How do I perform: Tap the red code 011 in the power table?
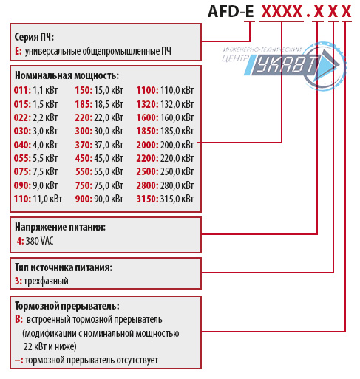pyautogui.click(x=22, y=89)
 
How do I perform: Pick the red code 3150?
pyautogui.click(x=148, y=199)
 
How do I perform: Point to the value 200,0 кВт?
pyautogui.click(x=178, y=144)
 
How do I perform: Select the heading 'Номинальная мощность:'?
pyautogui.click(x=67, y=75)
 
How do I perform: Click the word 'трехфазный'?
pyautogui.click(x=47, y=281)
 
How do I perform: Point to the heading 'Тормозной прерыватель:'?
pyautogui.click(x=67, y=306)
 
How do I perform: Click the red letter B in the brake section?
pyautogui.click(x=18, y=320)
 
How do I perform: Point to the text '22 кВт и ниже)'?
pyautogui.click(x=50, y=346)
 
